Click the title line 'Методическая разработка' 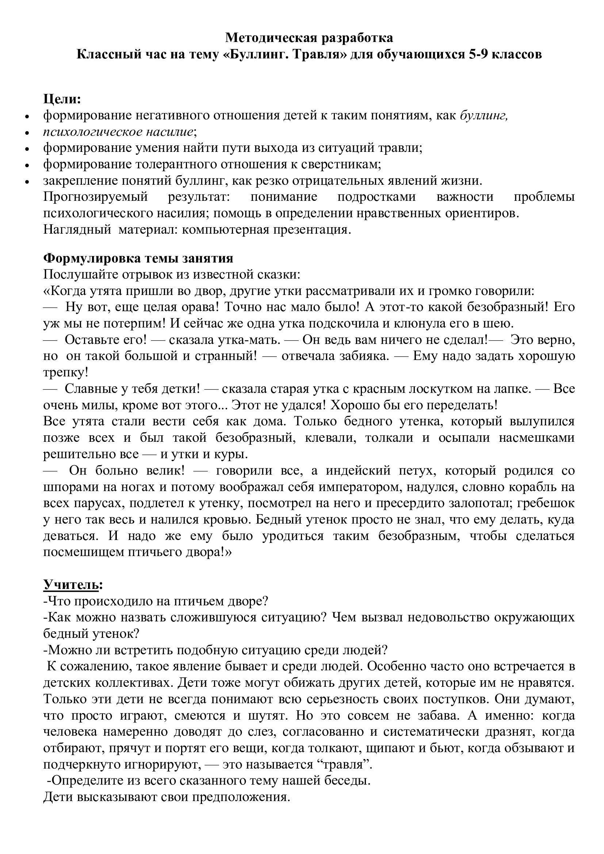(x=309, y=38)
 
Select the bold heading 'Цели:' (x=62, y=99)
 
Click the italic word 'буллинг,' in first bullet (x=484, y=116)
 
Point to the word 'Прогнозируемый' (x=96, y=197)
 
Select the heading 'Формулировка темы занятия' (x=138, y=258)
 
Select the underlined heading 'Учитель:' (x=73, y=585)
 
